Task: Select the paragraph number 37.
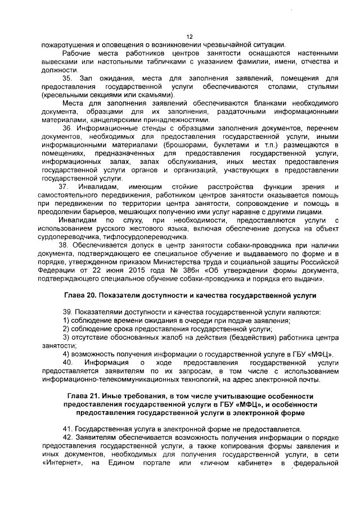(x=67, y=186)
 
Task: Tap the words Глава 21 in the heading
(x=85, y=397)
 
